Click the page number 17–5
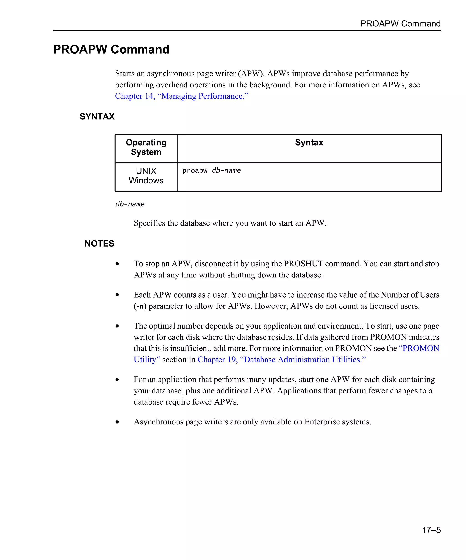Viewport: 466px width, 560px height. (431, 530)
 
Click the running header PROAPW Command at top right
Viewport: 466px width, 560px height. (400, 23)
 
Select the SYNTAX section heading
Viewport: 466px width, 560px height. (97, 116)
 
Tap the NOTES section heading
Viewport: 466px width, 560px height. (99, 244)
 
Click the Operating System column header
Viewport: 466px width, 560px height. (146, 147)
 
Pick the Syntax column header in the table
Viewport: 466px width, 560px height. (309, 143)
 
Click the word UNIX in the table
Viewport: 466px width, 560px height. (146, 171)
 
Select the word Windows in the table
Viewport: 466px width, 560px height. (146, 180)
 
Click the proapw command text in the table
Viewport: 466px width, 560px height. (195, 171)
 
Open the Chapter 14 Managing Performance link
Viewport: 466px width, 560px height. (182, 96)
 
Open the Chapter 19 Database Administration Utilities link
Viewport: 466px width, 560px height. (281, 360)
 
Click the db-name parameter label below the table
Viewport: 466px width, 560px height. (130, 204)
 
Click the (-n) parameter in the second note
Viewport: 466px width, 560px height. (140, 306)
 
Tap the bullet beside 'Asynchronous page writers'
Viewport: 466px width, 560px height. (117, 422)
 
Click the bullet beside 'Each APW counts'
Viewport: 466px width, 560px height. (117, 295)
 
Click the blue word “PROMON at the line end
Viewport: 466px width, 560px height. (419, 348)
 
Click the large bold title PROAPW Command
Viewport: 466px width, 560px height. (111, 49)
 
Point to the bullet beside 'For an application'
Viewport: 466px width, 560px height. (117, 380)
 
